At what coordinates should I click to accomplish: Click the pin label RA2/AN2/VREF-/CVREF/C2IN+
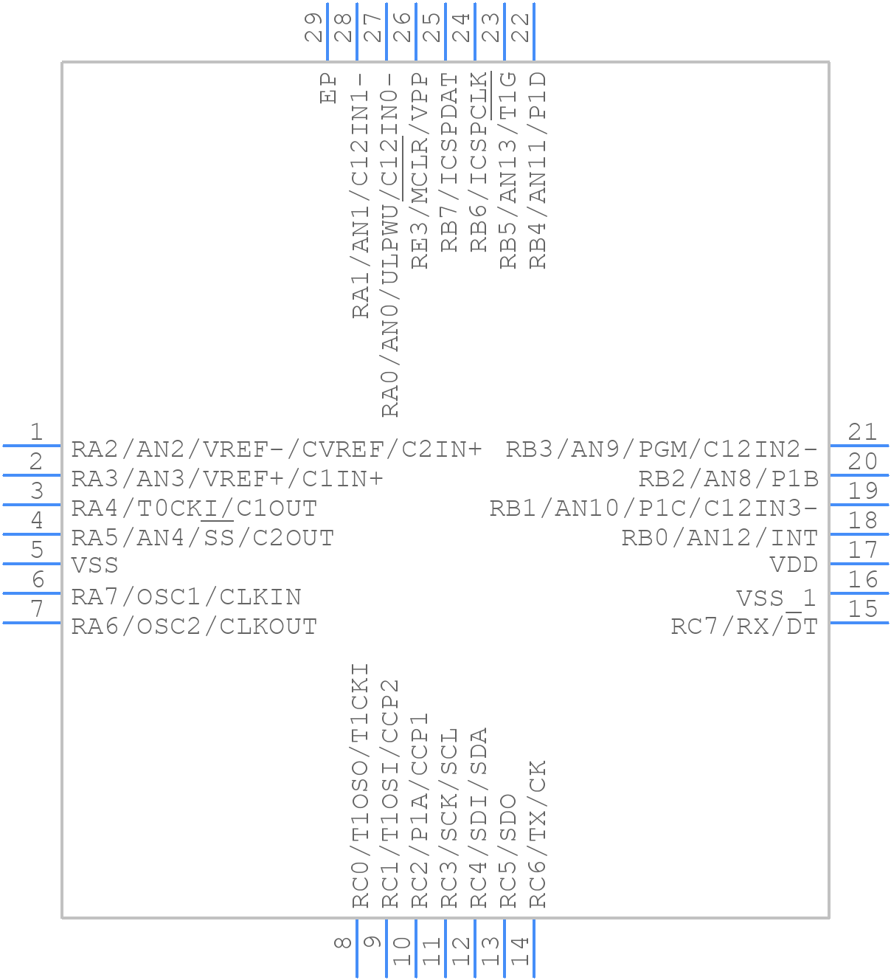click(x=277, y=449)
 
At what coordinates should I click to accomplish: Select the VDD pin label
click(x=794, y=565)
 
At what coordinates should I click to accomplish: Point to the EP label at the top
click(x=328, y=88)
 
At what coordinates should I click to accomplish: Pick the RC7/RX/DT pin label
click(x=744, y=627)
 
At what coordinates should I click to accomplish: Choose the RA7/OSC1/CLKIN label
click(x=187, y=597)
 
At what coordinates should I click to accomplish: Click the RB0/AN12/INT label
click(x=720, y=538)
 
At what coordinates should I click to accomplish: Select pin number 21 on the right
click(x=863, y=432)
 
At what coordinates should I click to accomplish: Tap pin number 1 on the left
click(x=35, y=432)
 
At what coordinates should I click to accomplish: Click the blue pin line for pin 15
click(x=859, y=623)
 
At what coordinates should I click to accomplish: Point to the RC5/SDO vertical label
click(x=508, y=851)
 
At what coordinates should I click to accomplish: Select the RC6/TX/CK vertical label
click(x=538, y=834)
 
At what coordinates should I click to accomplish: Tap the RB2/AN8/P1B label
click(x=728, y=479)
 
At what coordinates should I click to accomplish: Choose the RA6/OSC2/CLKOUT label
click(x=194, y=627)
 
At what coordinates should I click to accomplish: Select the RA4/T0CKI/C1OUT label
click(x=194, y=508)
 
